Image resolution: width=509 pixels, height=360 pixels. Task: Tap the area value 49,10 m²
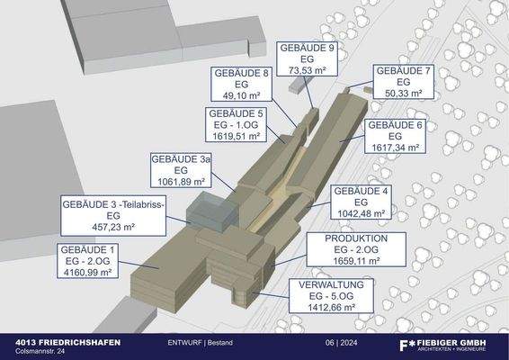(242, 93)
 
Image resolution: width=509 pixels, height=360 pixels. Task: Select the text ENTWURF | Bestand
(200, 344)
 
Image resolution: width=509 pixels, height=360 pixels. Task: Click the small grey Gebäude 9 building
(298, 86)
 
